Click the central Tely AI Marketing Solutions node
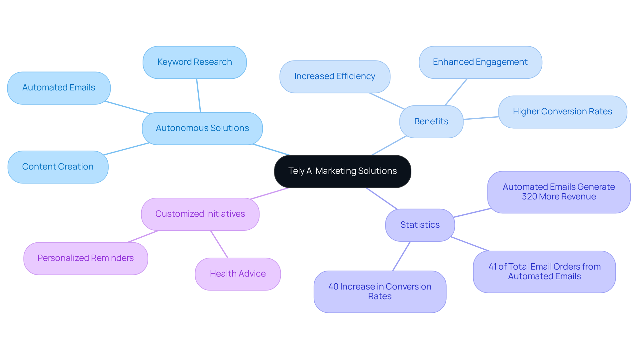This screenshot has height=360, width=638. [343, 171]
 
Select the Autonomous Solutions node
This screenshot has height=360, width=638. [202, 128]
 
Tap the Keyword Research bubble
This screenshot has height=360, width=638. [194, 62]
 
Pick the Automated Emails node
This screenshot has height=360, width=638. [59, 88]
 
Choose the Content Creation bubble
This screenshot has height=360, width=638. [58, 167]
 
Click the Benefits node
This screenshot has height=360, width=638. [431, 122]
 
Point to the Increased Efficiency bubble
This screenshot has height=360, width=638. [335, 76]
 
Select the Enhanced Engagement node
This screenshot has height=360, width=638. [480, 62]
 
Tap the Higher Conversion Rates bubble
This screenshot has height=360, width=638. [562, 112]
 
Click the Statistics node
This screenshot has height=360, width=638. [420, 225]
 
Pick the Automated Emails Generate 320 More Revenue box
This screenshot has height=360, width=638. [559, 192]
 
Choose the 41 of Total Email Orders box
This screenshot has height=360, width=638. [544, 272]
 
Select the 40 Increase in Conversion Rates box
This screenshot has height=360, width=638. [380, 292]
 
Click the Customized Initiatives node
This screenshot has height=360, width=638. [200, 214]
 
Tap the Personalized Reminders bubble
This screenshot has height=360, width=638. [85, 258]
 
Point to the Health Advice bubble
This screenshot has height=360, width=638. [238, 274]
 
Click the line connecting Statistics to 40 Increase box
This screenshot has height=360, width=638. [401, 256]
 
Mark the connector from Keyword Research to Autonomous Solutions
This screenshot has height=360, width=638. [198, 95]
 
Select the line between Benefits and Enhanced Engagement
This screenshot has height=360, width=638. [456, 92]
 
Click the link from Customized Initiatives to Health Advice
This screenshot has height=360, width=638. [219, 244]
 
